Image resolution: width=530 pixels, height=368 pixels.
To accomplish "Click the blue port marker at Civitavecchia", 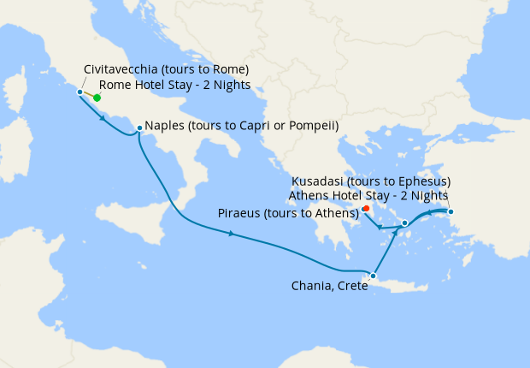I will (79, 92).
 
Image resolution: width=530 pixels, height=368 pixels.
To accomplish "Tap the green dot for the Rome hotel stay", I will (97, 98).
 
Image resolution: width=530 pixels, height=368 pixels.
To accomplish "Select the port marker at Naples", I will (138, 128).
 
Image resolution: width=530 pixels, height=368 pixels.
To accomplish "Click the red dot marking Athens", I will (365, 208).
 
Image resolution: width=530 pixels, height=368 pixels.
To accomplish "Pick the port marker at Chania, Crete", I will (373, 276).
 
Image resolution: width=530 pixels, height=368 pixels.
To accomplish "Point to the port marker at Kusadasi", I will (450, 211).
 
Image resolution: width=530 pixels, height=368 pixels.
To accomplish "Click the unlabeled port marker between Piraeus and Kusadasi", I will (404, 223).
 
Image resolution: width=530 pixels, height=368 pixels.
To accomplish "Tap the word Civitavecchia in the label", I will (124, 68).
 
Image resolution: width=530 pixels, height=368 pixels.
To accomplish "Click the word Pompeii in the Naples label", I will (314, 126).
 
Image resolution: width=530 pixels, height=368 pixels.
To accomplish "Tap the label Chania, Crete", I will (328, 286).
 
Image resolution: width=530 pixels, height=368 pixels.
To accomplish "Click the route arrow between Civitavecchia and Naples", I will (103, 117).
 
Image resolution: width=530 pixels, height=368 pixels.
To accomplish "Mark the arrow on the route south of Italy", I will (232, 234).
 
